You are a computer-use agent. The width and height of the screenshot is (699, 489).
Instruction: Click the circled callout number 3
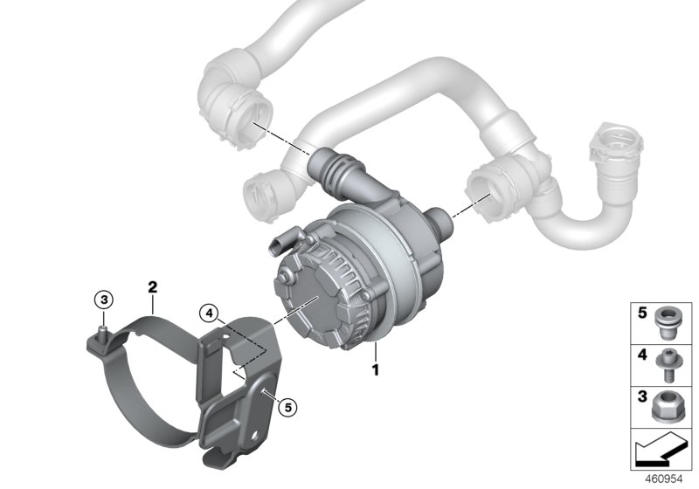(x=104, y=300)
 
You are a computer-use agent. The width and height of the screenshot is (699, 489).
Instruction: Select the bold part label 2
(x=152, y=286)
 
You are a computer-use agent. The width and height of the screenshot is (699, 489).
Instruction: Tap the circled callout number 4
(x=206, y=311)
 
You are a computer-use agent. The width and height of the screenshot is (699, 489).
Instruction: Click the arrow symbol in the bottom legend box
(x=661, y=451)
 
